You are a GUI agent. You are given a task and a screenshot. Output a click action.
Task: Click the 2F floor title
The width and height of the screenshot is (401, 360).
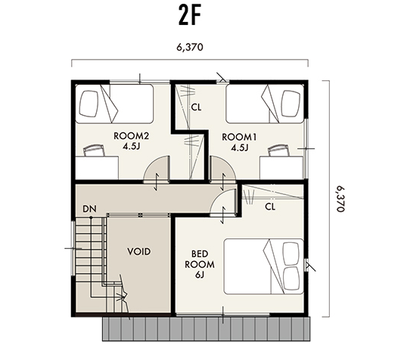190,16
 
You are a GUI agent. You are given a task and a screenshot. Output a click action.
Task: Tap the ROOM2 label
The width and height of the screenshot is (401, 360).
131,136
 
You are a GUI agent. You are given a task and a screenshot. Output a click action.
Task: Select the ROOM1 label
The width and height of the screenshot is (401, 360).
239,138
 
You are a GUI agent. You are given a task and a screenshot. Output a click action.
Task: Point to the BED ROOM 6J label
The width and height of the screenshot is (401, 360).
200,265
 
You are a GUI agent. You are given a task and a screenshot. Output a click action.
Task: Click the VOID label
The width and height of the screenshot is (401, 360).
139,252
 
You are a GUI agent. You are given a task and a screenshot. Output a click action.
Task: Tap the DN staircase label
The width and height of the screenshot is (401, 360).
89,209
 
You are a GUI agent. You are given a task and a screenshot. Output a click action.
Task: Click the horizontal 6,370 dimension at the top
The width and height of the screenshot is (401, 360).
189,48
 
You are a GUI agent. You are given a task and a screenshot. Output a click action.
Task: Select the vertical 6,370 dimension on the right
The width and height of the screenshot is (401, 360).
340,199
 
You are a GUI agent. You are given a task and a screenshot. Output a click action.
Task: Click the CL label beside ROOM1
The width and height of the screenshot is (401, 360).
196,107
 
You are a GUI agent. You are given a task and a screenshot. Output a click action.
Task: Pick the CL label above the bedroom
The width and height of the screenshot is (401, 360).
270,206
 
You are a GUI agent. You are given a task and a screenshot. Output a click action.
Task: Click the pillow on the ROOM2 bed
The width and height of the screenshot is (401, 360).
89,104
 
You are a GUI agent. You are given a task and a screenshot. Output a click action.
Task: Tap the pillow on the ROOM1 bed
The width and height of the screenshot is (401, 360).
291,104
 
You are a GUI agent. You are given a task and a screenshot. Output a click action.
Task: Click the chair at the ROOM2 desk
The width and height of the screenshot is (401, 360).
94,151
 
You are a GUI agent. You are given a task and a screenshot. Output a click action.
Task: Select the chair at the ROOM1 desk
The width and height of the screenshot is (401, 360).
278,151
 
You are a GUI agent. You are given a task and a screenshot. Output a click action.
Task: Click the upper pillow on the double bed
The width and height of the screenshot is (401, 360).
291,253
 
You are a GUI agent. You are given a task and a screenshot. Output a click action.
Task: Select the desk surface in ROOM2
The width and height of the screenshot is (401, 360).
97,168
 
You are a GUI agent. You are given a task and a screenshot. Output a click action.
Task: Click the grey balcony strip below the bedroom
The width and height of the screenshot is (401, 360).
207,329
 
